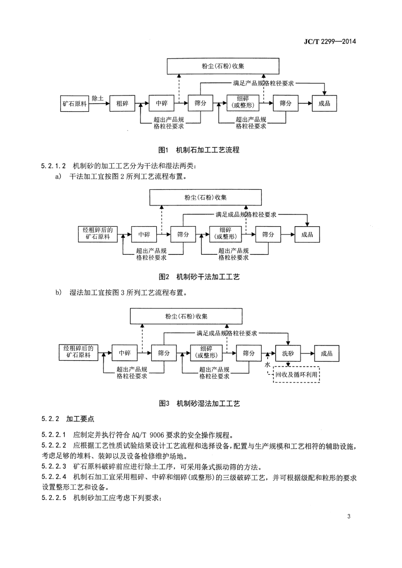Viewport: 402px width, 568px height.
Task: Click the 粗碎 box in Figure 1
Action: (x=122, y=103)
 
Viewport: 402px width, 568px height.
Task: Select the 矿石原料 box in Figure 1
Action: (x=75, y=103)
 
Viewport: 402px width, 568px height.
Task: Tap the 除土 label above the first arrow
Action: (x=98, y=98)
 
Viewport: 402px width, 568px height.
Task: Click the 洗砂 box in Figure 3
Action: (x=288, y=354)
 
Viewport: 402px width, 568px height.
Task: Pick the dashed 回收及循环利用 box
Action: (x=296, y=375)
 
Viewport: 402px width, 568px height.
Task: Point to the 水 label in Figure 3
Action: (x=267, y=365)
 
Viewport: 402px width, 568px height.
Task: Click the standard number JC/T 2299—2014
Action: (x=330, y=42)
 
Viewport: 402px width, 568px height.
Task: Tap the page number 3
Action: (x=349, y=516)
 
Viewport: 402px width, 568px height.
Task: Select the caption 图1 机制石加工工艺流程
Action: (x=199, y=150)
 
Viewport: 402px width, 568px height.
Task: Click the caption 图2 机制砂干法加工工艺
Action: (x=199, y=277)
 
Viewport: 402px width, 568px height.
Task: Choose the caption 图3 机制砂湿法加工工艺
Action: (x=199, y=403)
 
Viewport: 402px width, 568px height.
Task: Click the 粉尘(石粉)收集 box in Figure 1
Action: (x=223, y=66)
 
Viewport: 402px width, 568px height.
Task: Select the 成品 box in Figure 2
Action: (x=307, y=235)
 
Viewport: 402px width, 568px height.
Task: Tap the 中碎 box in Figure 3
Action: (x=124, y=354)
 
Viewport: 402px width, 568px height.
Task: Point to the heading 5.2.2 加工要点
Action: (x=68, y=419)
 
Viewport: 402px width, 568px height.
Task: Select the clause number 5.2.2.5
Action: (x=54, y=498)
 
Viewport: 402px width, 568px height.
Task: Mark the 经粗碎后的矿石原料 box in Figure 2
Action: (x=98, y=234)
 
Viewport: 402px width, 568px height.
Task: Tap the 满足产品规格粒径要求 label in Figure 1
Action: (x=263, y=83)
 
